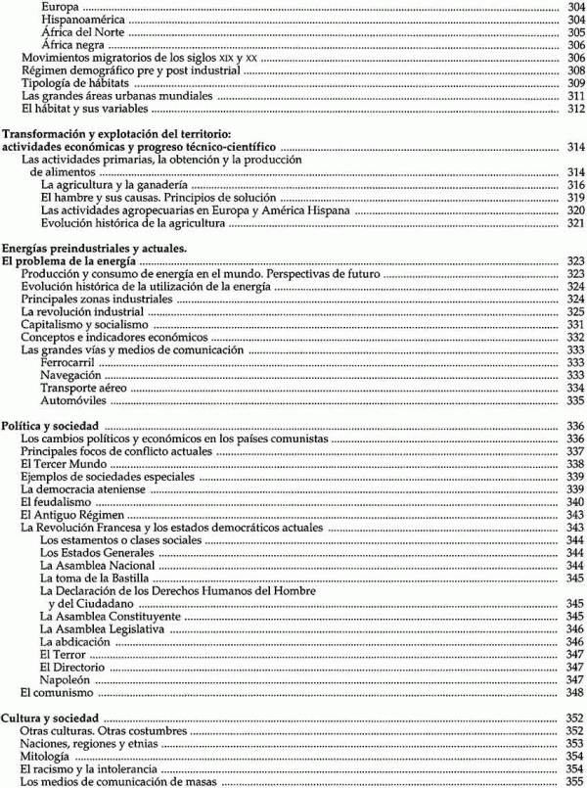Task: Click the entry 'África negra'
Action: point(79,45)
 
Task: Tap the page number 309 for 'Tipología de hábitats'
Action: point(575,84)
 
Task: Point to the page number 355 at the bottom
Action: point(575,781)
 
